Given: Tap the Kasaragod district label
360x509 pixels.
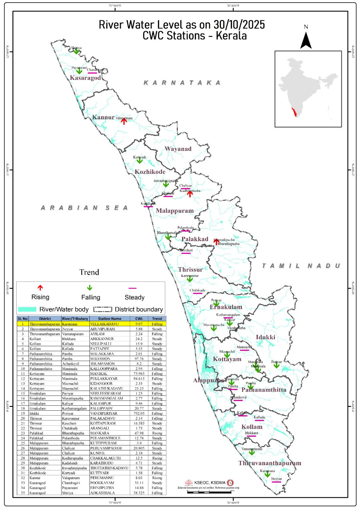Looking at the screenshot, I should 85,78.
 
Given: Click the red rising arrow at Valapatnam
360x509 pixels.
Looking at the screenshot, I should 124,121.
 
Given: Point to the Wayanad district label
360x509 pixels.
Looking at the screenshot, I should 178,149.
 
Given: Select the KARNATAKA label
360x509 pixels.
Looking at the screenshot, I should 182,83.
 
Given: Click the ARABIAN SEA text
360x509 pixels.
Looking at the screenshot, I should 85,208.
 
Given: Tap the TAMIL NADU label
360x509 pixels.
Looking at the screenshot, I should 301,266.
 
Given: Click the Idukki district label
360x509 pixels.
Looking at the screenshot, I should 265,338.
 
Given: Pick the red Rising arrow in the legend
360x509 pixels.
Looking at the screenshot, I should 40,288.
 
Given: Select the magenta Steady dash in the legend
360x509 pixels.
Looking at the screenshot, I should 132,288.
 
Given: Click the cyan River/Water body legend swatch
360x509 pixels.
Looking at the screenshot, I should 27,310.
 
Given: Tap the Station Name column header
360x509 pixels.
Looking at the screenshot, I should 109,319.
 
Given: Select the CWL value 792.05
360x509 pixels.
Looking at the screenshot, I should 139,414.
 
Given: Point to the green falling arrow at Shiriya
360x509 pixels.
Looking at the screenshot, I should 76,52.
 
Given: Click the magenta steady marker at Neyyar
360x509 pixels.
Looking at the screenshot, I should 276,482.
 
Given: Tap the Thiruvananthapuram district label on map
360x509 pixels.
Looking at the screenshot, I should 270,464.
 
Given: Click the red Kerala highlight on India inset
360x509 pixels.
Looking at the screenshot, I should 295,112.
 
